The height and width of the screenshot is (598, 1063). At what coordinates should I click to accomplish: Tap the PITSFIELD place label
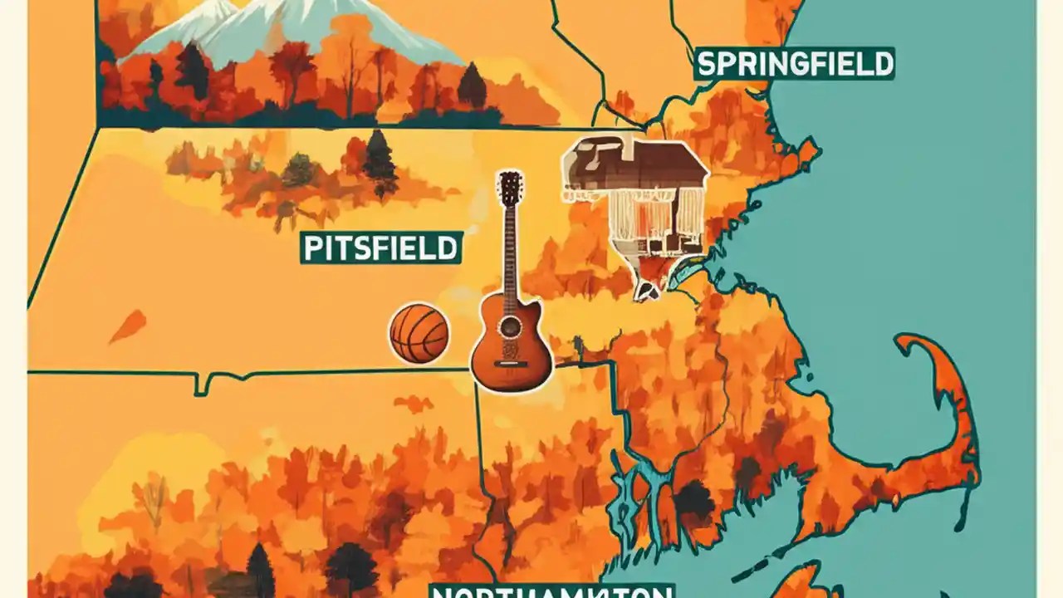tap(380, 248)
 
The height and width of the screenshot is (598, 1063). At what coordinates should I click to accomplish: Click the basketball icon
tap(419, 333)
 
